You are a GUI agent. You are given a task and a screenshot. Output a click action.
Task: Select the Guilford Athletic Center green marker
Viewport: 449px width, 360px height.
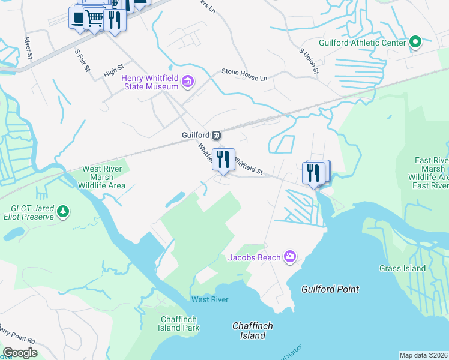point(414,43)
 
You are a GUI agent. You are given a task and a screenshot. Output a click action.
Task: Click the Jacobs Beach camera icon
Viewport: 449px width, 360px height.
point(290,257)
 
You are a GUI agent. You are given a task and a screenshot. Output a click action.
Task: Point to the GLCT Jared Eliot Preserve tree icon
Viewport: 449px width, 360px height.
point(63,211)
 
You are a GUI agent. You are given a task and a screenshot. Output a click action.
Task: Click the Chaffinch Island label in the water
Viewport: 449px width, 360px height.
point(252,331)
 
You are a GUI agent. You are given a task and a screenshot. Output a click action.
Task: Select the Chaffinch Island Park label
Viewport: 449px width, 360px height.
point(180,323)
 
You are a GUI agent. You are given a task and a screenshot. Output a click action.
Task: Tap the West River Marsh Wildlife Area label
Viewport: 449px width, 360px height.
point(102,177)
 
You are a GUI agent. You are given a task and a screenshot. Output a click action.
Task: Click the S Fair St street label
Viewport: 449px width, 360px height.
point(82,60)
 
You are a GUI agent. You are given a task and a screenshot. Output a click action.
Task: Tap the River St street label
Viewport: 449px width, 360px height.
point(28,44)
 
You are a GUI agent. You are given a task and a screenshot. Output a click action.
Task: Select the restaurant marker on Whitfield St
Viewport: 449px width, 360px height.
point(223,160)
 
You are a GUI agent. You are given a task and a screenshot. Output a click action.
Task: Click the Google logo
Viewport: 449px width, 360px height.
point(20,352)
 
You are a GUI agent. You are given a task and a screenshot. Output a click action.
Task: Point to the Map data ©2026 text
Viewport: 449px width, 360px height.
point(423,355)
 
